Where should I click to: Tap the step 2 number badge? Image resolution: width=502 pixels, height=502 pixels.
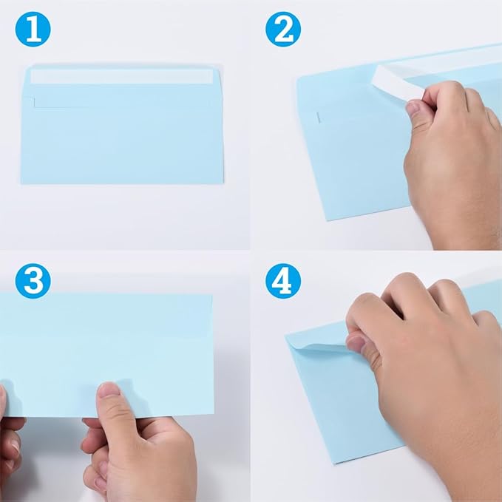point(284,30)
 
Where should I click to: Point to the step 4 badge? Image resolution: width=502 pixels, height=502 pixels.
point(284,282)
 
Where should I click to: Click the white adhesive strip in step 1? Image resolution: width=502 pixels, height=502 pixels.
point(122,76)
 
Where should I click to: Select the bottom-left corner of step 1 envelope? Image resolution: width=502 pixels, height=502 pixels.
point(23,183)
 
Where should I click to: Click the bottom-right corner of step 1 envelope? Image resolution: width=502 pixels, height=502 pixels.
point(223,183)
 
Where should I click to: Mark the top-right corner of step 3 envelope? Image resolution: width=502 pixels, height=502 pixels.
point(213,295)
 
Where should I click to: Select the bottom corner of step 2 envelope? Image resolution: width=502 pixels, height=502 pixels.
point(330,219)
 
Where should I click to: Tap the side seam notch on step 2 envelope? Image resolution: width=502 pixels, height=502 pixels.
point(318,116)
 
